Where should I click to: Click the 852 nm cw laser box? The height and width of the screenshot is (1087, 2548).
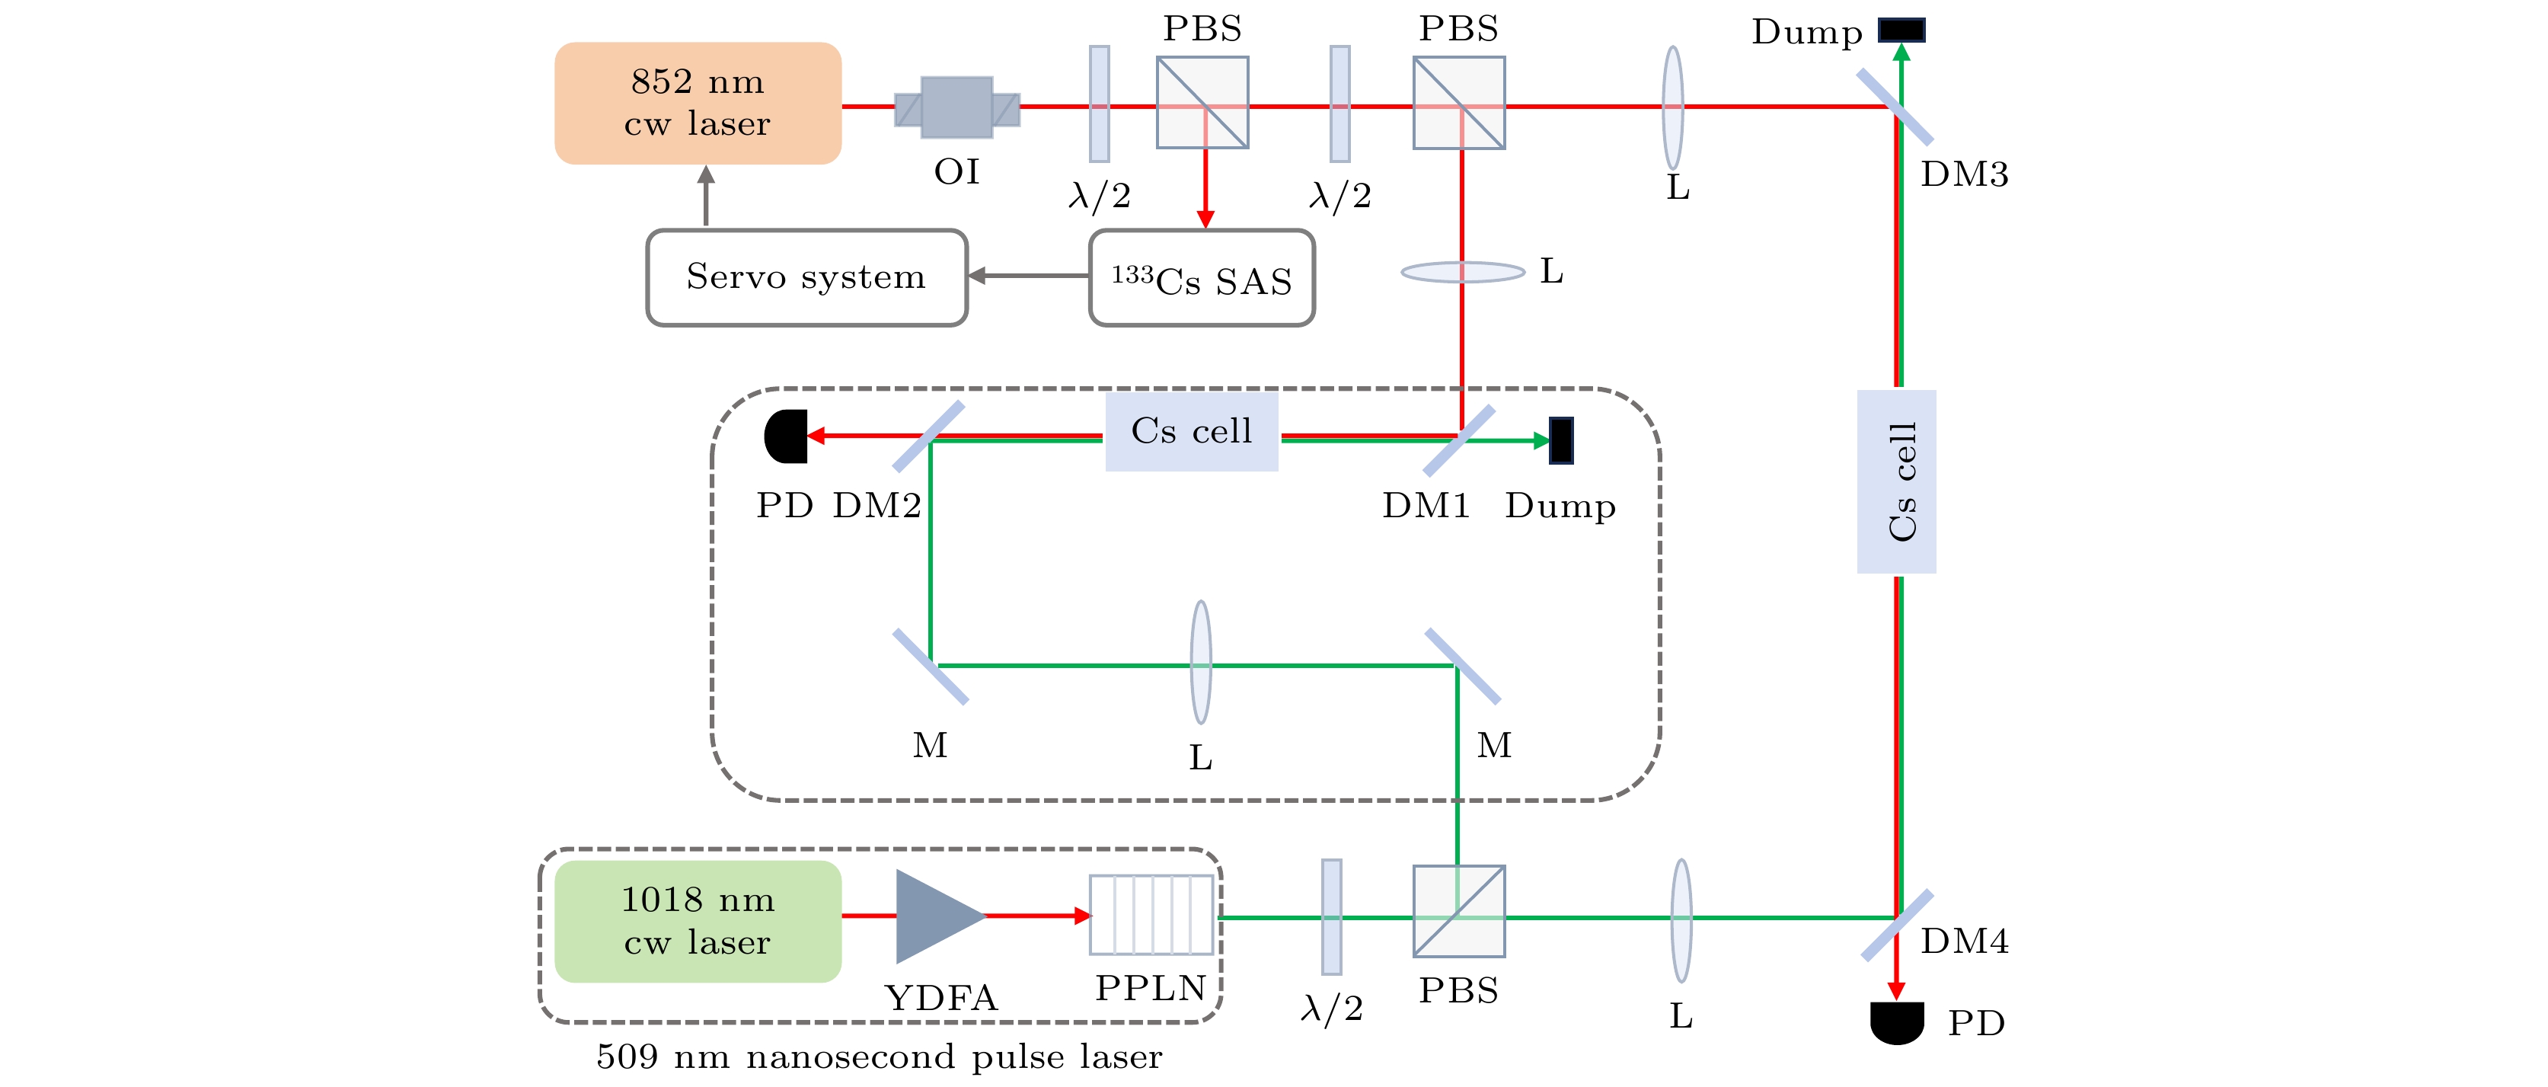point(698,103)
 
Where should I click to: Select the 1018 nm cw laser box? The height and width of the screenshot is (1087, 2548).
point(698,921)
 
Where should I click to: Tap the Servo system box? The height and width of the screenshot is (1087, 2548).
point(806,277)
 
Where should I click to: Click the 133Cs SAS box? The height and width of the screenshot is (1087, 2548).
point(1202,278)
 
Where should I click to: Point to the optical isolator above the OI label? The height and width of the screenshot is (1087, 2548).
point(956,107)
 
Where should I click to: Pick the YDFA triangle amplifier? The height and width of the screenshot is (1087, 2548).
point(934,916)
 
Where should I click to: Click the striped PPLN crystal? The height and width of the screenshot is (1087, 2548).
point(1151,915)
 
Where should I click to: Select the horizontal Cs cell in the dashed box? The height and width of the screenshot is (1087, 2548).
point(1192,431)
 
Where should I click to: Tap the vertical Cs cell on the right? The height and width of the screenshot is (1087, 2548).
point(1896,481)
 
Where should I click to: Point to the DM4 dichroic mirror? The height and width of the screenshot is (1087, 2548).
point(1897,925)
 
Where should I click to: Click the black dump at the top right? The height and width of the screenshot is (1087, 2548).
point(1901,30)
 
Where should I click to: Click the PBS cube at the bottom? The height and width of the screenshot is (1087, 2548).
point(1459,911)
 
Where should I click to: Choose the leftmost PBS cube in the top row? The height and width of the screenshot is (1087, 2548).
point(1202,103)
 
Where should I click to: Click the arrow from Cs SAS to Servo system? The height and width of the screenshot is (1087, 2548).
point(1028,276)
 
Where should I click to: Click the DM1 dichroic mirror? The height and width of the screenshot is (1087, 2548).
point(1459,440)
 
